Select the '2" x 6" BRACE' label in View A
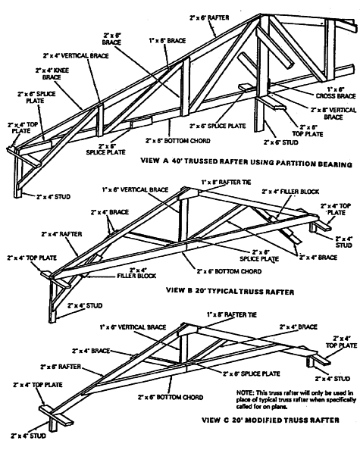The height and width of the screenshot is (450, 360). tap(113, 39)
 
